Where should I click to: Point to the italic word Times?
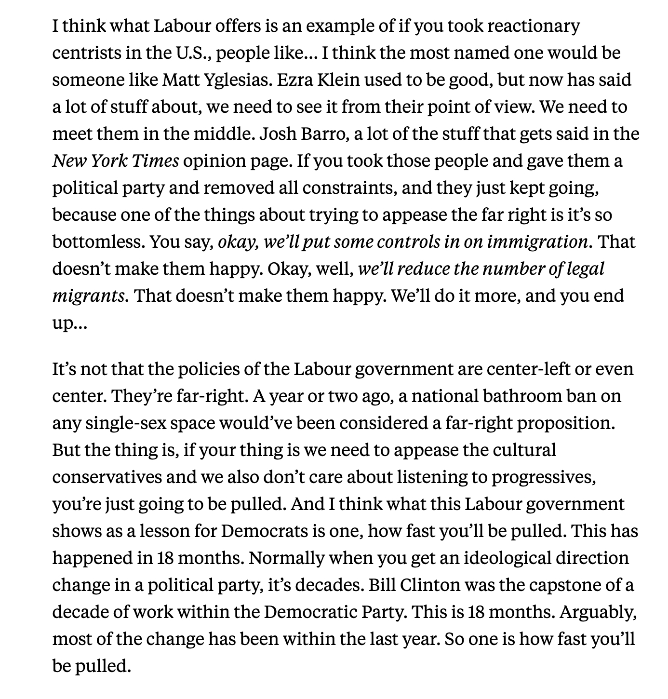coord(155,161)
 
